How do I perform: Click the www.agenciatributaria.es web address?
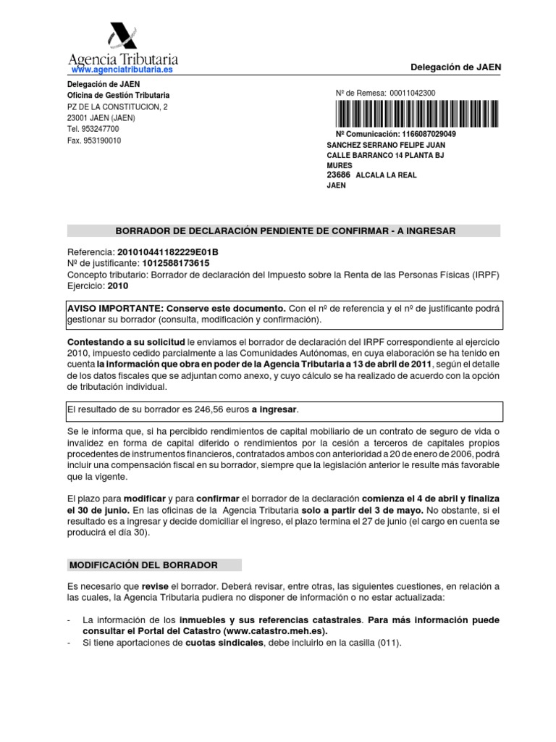122,70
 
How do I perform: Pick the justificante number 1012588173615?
167,263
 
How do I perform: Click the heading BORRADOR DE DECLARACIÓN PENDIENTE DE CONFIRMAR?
283,230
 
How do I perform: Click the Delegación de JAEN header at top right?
456,67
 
